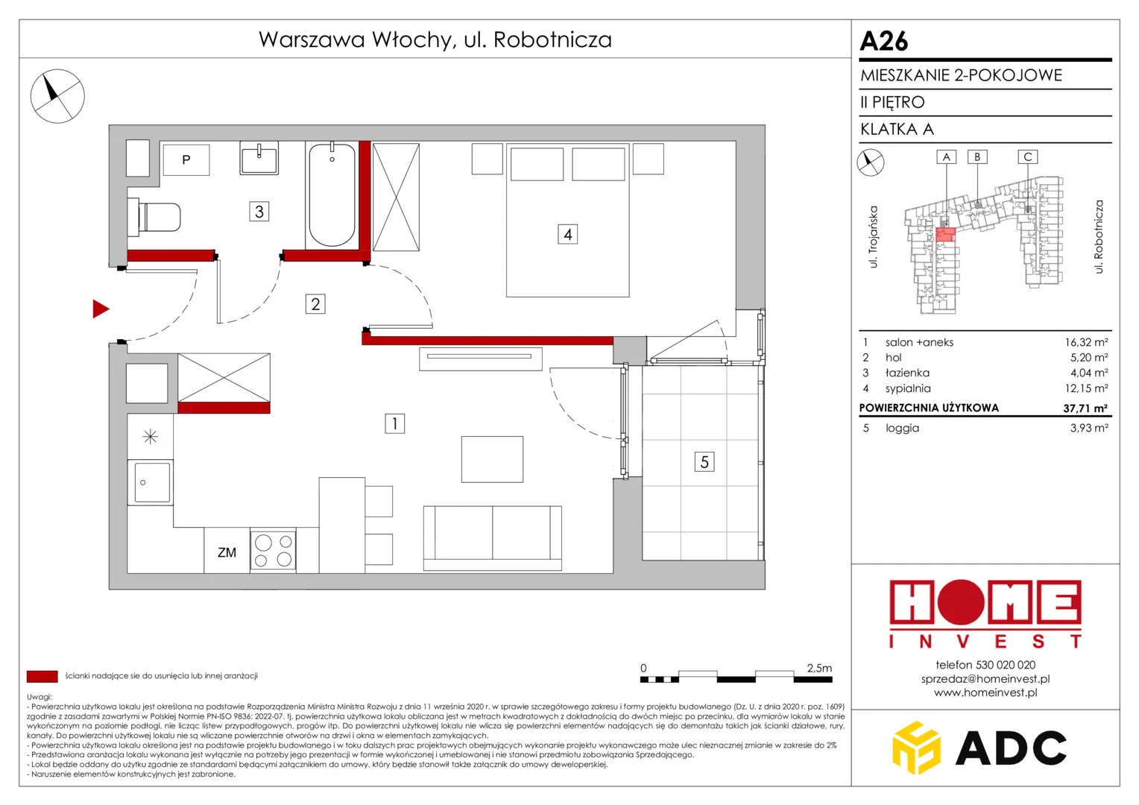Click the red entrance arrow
100,309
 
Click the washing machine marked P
186,160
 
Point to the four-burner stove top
273,550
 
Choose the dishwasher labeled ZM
227,551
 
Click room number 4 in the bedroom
567,235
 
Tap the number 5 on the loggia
704,461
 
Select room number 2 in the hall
315,304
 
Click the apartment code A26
884,41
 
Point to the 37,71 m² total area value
1085,408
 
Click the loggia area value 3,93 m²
1089,428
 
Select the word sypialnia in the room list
908,388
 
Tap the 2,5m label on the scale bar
819,668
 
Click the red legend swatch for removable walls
42,676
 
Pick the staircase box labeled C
1028,157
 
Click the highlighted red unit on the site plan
945,235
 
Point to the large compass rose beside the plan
57,96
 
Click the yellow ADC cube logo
916,748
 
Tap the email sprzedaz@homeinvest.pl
985,678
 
